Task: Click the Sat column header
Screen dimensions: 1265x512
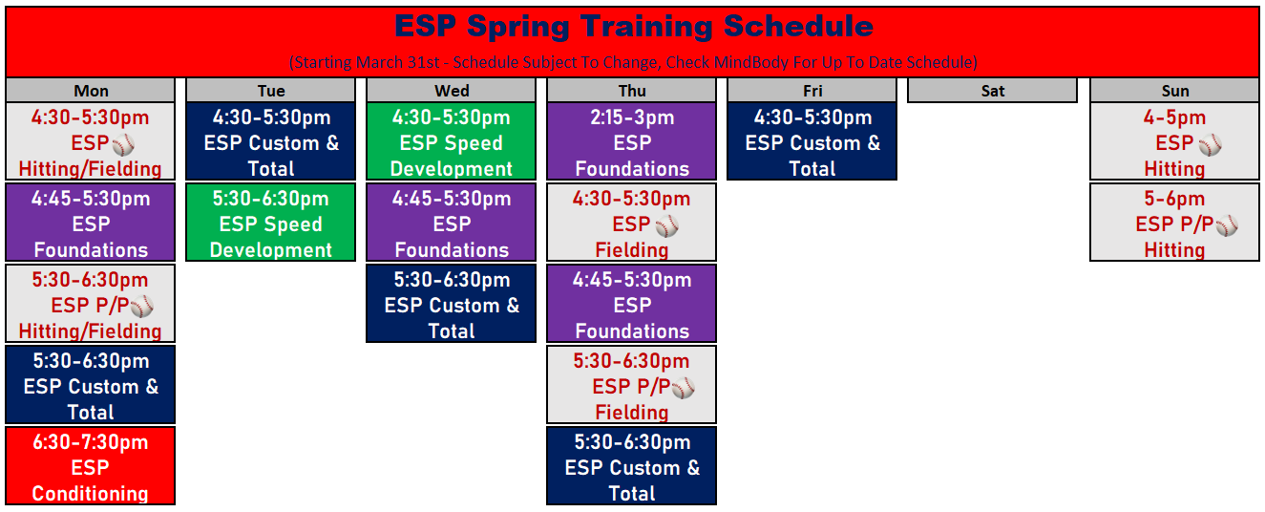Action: [992, 91]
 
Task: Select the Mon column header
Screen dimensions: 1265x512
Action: [91, 91]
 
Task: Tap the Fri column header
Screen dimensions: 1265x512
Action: [812, 91]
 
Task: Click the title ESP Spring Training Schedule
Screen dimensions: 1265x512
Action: [634, 26]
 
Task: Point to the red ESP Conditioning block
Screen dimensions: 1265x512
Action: [91, 465]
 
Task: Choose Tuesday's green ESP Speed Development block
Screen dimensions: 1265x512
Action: [270, 223]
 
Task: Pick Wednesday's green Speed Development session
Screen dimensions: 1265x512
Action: [452, 141]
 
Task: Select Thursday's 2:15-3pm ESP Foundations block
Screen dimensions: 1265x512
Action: [631, 141]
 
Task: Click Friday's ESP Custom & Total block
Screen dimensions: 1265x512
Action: [812, 141]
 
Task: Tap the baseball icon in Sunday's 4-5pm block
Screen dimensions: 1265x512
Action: [1211, 144]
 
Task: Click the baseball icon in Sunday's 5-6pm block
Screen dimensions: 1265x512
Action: [1227, 226]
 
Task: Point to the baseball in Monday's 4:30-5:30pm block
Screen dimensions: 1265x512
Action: [123, 144]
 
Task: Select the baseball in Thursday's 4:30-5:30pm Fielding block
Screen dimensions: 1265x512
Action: [667, 226]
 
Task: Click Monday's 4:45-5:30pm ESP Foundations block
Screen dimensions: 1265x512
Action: [91, 223]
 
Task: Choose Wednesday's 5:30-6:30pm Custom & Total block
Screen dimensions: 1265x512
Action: [452, 304]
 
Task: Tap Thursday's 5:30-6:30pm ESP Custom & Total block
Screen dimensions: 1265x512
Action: [631, 465]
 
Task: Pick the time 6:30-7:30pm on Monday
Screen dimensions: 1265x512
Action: [91, 442]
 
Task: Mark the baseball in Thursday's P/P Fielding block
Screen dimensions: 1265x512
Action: [683, 388]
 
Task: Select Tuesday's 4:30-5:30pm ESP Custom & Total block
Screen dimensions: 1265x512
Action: [270, 141]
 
